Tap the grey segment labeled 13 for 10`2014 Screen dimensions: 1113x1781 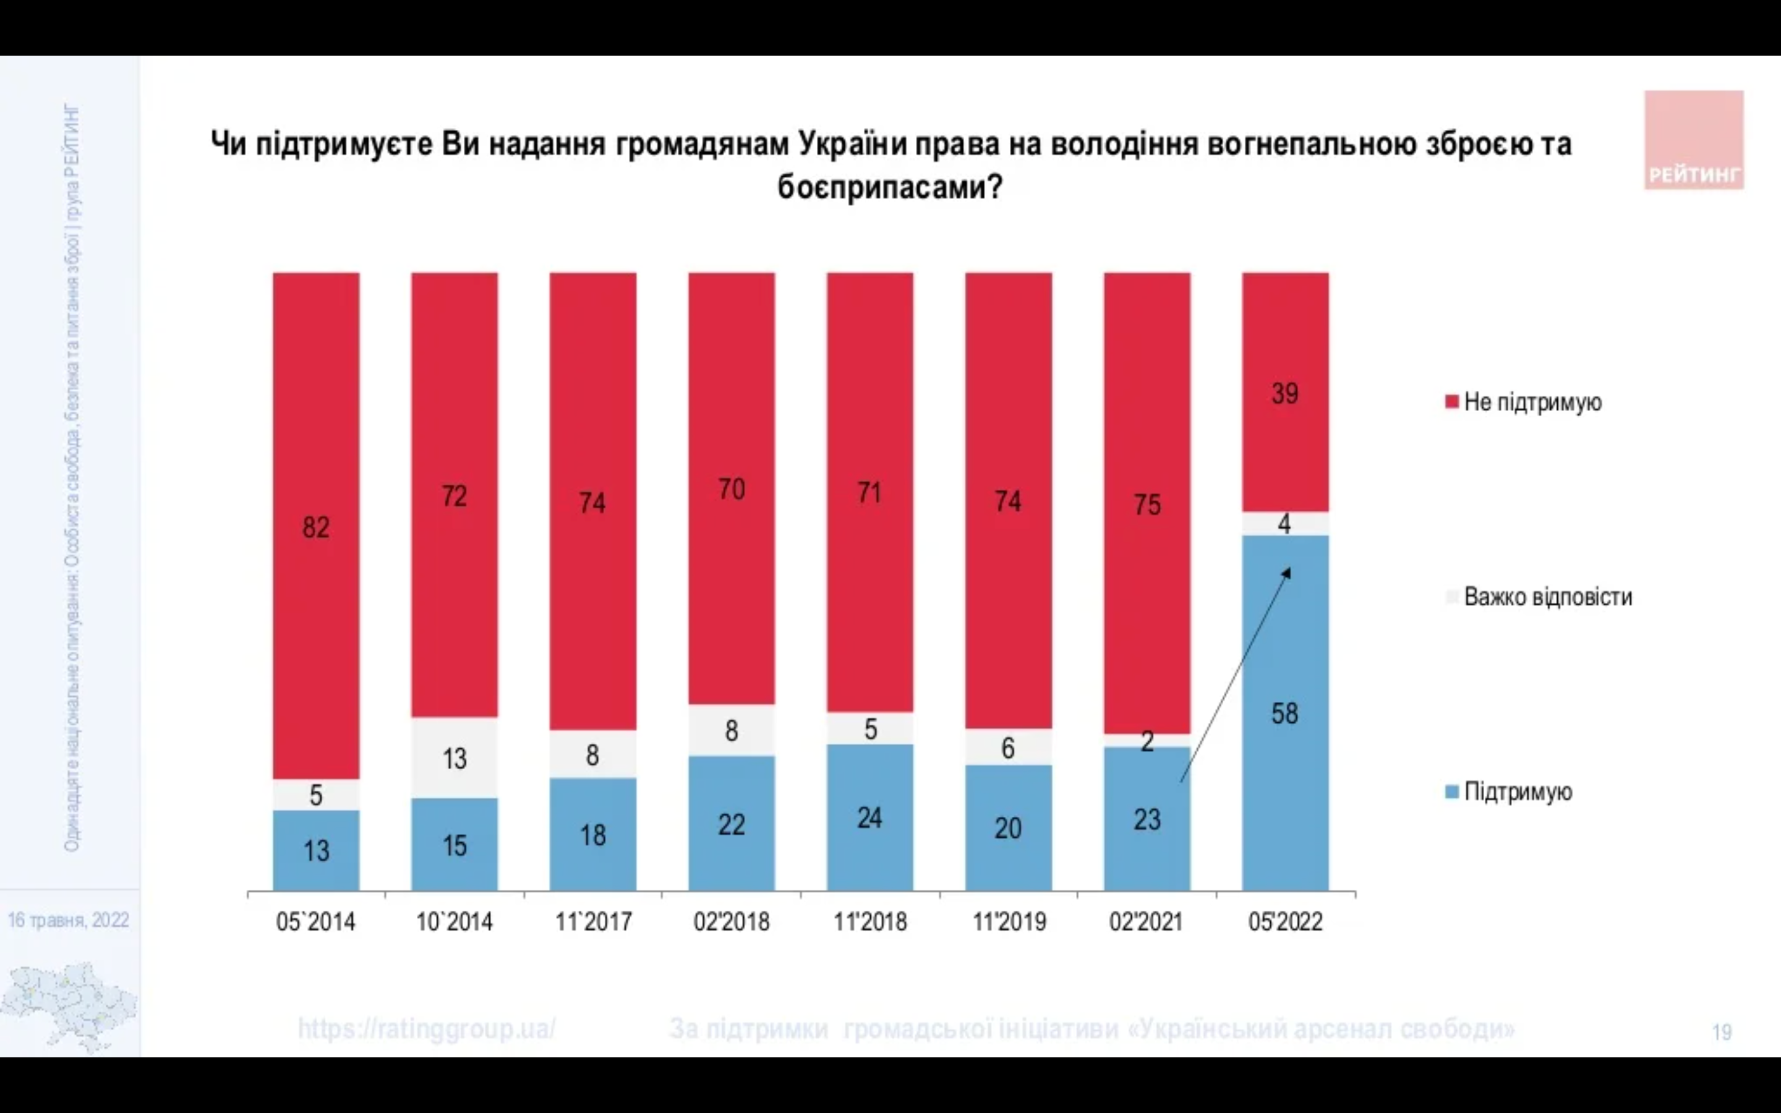(x=454, y=758)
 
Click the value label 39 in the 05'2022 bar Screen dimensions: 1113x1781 (x=1285, y=394)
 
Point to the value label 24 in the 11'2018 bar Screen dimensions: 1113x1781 (x=870, y=819)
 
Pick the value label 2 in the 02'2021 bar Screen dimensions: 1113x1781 (x=1147, y=741)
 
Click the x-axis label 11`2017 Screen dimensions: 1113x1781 (x=593, y=921)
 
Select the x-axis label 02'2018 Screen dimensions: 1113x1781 (x=732, y=921)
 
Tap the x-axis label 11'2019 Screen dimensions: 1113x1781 (x=1009, y=921)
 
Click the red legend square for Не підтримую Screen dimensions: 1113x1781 (x=1451, y=402)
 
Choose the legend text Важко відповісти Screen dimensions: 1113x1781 (x=1548, y=596)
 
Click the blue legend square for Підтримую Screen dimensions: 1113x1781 (x=1451, y=792)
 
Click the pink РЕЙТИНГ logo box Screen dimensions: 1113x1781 (x=1693, y=140)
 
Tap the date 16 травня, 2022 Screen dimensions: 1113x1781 (x=69, y=920)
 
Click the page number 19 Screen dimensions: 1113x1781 (x=1722, y=1032)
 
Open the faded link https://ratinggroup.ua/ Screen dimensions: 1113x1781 (x=426, y=1028)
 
